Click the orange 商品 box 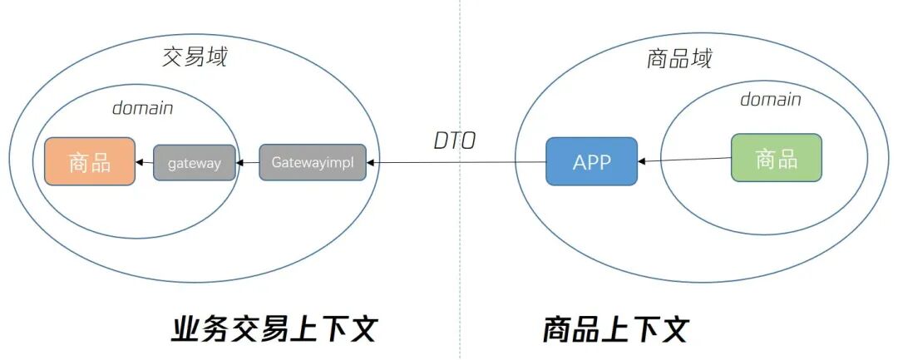90,161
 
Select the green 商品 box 776,157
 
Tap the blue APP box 591,161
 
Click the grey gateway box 194,163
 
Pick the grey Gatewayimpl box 312,163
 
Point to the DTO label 455,141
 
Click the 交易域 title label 194,57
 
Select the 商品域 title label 679,59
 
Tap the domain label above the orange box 143,108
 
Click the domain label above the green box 771,100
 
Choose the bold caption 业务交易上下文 274,329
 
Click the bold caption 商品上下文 616,329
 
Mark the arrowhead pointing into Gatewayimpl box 372,163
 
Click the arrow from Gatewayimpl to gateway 247,163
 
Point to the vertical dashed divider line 460,249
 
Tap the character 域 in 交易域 216,57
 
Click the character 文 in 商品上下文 673,329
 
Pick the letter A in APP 579,162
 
